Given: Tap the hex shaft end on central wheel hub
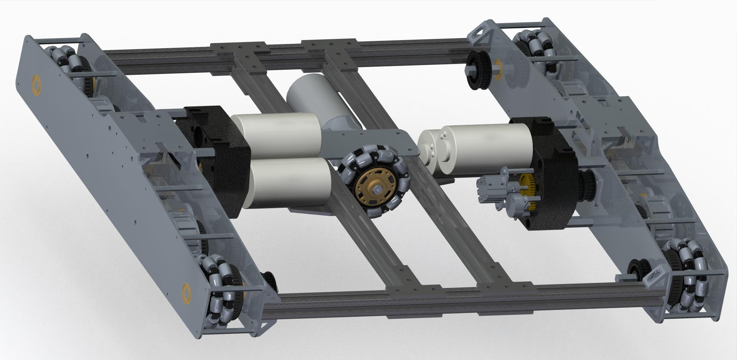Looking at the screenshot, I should click(x=378, y=189).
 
